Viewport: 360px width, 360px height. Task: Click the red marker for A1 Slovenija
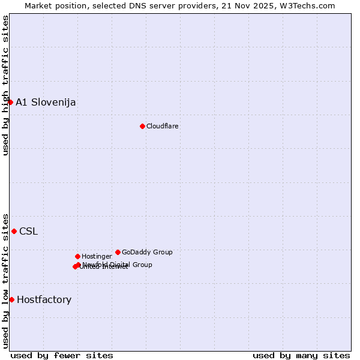pyautogui.click(x=10, y=102)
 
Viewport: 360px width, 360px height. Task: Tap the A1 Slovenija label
pyautogui.click(x=46, y=102)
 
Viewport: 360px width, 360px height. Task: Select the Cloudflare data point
pyautogui.click(x=142, y=126)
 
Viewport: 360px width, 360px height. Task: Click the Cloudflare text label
pyautogui.click(x=162, y=126)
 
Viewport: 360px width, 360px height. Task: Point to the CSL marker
pyautogui.click(x=14, y=231)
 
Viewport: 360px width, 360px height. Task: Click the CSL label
pyautogui.click(x=28, y=231)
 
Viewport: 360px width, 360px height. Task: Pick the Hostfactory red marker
pyautogui.click(x=11, y=299)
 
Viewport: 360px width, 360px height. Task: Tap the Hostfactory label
pyautogui.click(x=44, y=299)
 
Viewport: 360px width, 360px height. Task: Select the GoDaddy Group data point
pyautogui.click(x=118, y=252)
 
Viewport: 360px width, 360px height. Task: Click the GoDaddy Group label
pyautogui.click(x=147, y=252)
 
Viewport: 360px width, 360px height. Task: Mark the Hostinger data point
pyautogui.click(x=77, y=256)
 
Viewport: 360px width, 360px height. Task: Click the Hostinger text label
pyautogui.click(x=97, y=256)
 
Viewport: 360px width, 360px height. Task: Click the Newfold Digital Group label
pyautogui.click(x=117, y=264)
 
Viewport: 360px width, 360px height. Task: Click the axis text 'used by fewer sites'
pyautogui.click(x=62, y=355)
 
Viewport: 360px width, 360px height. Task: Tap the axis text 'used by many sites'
pyautogui.click(x=301, y=355)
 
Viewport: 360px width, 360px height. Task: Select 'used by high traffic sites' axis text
pyautogui.click(x=5, y=85)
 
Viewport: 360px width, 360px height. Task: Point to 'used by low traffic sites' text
pyautogui.click(x=5, y=280)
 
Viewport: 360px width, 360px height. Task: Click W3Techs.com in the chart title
pyautogui.click(x=309, y=5)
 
